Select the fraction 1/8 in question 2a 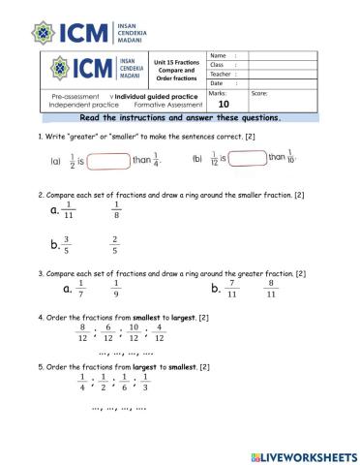coord(116,211)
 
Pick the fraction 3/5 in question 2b coord(67,245)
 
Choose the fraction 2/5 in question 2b coord(115,245)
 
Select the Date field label coord(218,84)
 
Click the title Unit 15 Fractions coord(174,62)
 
